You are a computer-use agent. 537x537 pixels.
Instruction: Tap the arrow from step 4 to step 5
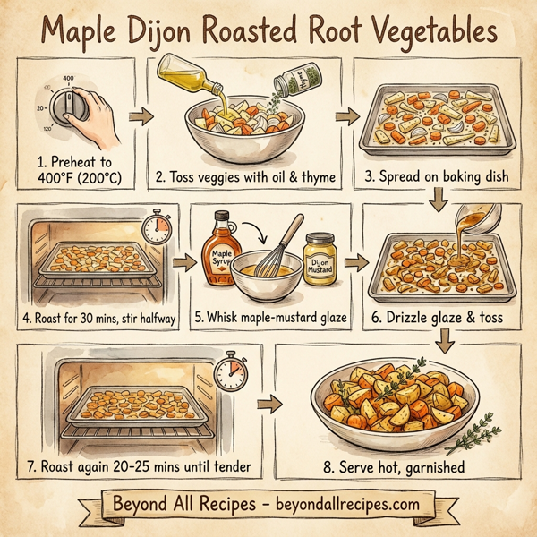183,263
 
